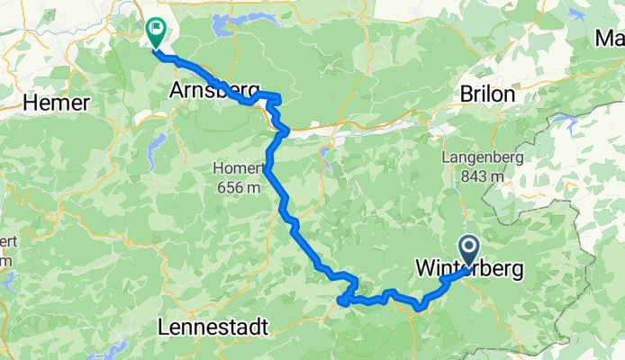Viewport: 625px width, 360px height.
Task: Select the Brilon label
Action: click(x=487, y=95)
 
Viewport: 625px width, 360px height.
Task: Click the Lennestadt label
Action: click(x=212, y=328)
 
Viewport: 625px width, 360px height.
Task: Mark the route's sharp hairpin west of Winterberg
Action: click(x=341, y=301)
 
